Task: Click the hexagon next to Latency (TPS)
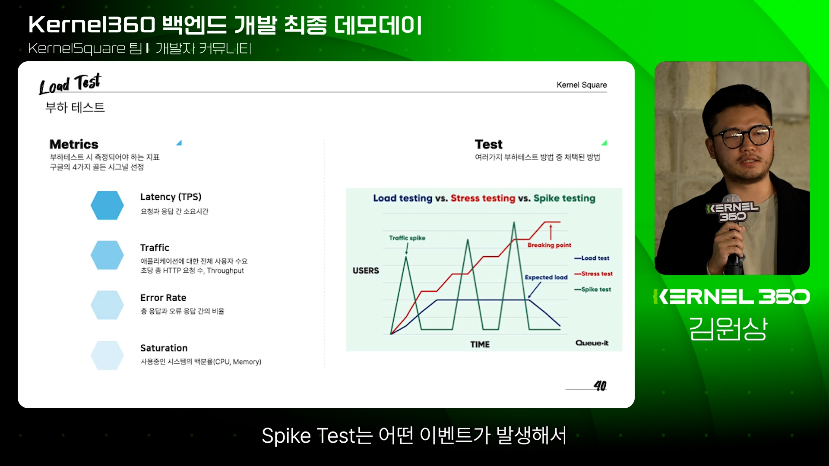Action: [107, 205]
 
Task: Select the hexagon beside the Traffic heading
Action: [107, 255]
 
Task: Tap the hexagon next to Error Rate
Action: [107, 305]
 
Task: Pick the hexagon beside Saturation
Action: [107, 355]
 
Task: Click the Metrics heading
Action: [74, 144]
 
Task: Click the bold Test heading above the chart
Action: [488, 144]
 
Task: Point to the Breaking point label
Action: [549, 245]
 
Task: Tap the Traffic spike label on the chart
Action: [407, 238]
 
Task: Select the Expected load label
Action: [546, 277]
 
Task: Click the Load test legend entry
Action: [592, 258]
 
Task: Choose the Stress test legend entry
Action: [593, 274]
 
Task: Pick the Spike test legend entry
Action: [592, 289]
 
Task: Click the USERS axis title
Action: [366, 271]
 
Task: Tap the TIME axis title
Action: [480, 344]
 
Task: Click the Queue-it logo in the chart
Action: [592, 343]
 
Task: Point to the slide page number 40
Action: [600, 385]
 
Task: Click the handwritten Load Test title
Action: [70, 84]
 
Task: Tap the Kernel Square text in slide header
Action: [582, 85]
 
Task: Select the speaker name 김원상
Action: [728, 329]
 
